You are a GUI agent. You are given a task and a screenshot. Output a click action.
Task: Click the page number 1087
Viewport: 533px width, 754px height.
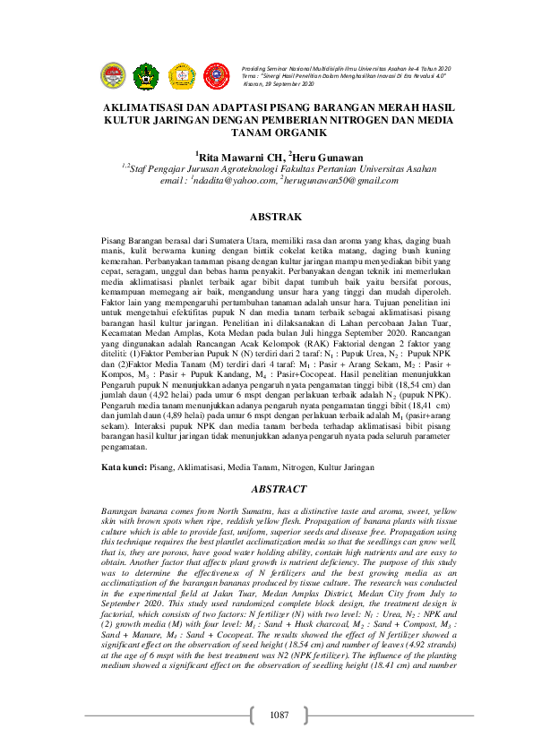(278, 714)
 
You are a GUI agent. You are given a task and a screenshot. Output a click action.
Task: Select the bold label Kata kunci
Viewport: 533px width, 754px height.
(124, 467)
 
